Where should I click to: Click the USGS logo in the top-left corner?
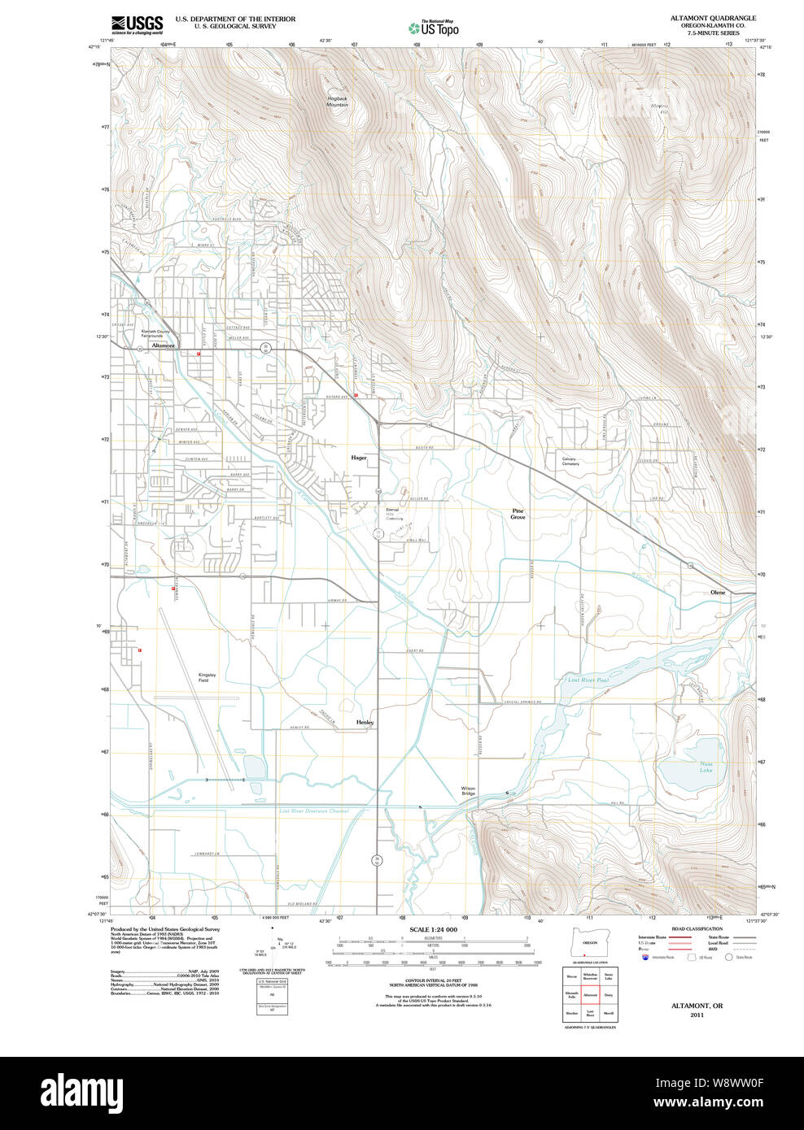[x=137, y=24]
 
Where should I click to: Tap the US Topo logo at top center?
[x=434, y=28]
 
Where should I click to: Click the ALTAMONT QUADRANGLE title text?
[x=713, y=18]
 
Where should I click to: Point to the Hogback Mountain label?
[x=337, y=102]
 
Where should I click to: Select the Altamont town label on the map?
[x=163, y=346]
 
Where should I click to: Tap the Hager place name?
[x=359, y=458]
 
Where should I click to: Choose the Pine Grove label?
[x=518, y=514]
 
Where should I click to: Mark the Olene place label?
[x=717, y=593]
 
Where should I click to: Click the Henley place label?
[x=365, y=722]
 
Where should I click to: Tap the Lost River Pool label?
[x=588, y=680]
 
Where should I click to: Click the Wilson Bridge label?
[x=468, y=791]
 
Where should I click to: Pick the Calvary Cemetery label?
[x=570, y=461]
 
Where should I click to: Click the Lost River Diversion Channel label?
[x=313, y=811]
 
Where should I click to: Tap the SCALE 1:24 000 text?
[x=433, y=929]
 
